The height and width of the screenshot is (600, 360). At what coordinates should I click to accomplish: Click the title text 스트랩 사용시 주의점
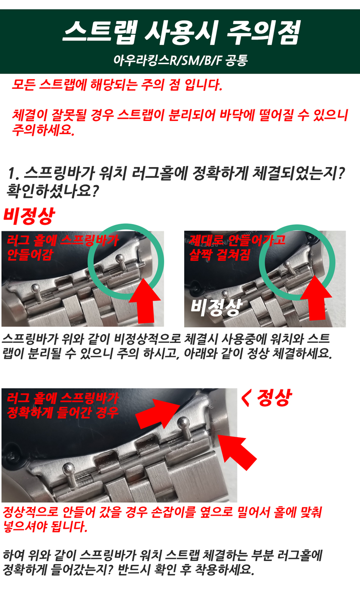182,33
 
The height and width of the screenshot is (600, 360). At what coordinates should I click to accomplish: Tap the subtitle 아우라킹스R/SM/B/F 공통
180,60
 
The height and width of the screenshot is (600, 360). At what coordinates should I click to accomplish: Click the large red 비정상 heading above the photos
29,216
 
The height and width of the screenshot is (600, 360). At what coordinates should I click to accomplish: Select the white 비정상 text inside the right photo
216,307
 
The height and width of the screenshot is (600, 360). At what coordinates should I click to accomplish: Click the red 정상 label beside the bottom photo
266,398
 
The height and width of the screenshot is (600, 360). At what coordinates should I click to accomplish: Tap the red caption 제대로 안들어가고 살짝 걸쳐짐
237,247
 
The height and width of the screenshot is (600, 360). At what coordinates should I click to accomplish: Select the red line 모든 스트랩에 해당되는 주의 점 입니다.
117,85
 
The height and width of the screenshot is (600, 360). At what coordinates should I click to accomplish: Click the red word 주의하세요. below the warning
43,130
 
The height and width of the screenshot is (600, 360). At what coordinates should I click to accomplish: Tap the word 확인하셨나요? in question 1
53,191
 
